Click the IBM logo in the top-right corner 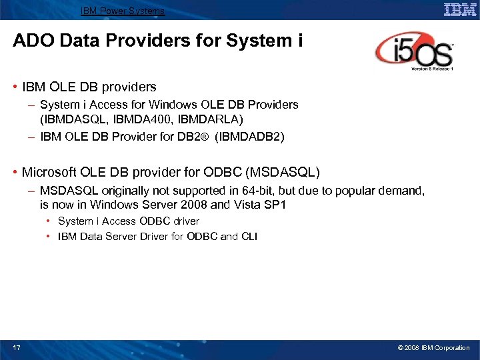[x=460, y=9]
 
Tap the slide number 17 [x=17, y=347]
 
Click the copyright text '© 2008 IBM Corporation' [x=433, y=347]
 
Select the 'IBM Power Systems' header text [x=123, y=11]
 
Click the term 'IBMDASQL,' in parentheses [x=73, y=119]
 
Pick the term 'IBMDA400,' [x=134, y=119]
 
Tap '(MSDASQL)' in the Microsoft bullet [x=283, y=173]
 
